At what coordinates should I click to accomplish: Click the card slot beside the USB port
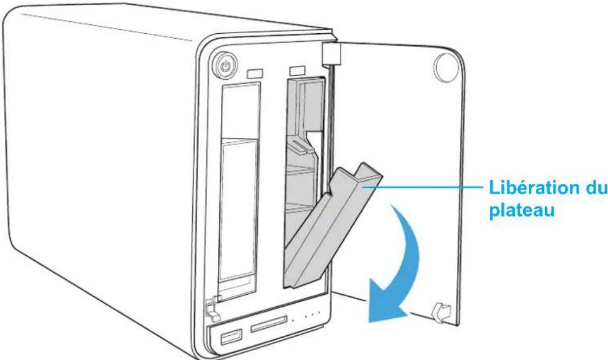(267, 327)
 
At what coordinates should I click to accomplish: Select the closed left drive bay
(238, 188)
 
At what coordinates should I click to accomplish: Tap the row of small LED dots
(306, 315)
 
